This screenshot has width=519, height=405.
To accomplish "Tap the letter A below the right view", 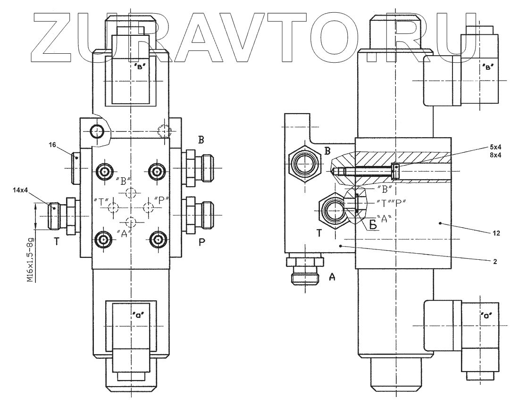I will click(332, 278).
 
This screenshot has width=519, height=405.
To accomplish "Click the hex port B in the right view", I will click(305, 164).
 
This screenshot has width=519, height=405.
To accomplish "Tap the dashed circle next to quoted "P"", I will click(149, 207).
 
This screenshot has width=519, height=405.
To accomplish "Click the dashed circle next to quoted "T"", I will click(113, 207).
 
